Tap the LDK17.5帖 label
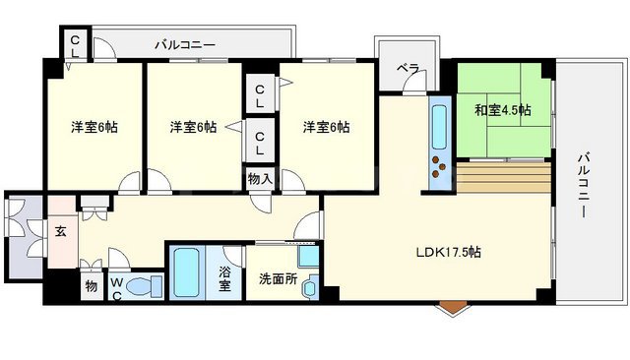[448, 252]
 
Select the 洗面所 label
[278, 278]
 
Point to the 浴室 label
[224, 279]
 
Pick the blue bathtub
[187, 272]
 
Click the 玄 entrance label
[61, 232]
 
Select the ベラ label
[408, 69]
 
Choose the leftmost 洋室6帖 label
[94, 128]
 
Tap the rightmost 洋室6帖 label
[326, 128]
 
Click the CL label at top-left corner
[75, 44]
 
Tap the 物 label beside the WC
[91, 286]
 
